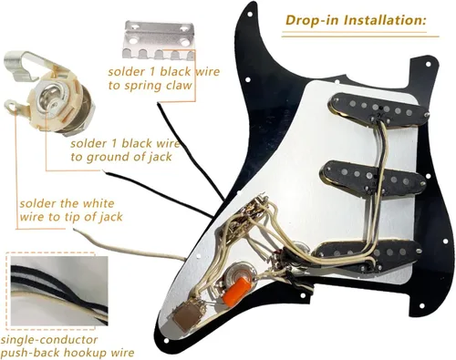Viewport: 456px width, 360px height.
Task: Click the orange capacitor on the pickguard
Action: pos(236,290)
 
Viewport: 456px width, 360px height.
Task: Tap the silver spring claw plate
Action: pos(160,39)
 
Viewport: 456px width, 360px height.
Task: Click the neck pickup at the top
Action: pos(378,110)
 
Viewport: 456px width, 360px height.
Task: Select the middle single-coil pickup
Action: pos(372,178)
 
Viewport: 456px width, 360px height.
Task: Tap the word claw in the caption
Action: pos(179,86)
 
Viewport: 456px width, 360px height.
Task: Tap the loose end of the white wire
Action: pos(76,231)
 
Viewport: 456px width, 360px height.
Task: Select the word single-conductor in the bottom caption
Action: pos(49,340)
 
